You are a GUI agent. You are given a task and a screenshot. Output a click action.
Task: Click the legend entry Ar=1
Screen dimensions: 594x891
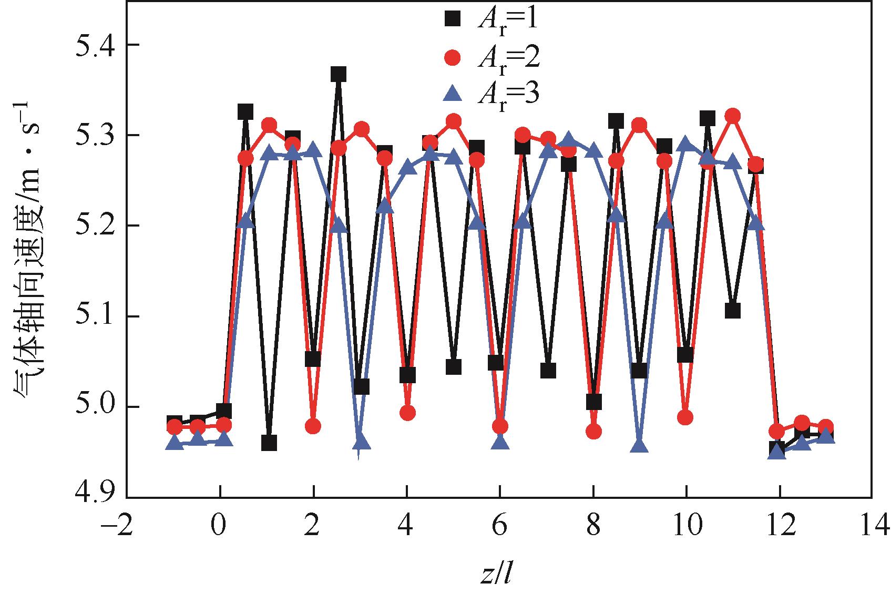point(491,19)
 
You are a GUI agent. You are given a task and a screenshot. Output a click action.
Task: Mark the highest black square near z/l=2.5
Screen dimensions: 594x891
point(338,75)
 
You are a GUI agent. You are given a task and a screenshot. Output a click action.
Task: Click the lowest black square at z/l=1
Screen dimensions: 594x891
point(269,443)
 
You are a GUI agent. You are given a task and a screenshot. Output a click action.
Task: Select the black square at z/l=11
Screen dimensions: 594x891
point(732,311)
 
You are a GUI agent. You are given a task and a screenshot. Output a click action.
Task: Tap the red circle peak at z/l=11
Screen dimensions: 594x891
point(732,116)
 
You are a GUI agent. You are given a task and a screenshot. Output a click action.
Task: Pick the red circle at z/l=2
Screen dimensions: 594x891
point(313,426)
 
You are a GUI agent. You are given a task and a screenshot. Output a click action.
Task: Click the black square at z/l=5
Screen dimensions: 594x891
point(454,367)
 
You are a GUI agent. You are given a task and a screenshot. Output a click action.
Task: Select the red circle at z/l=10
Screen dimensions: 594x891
point(685,418)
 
